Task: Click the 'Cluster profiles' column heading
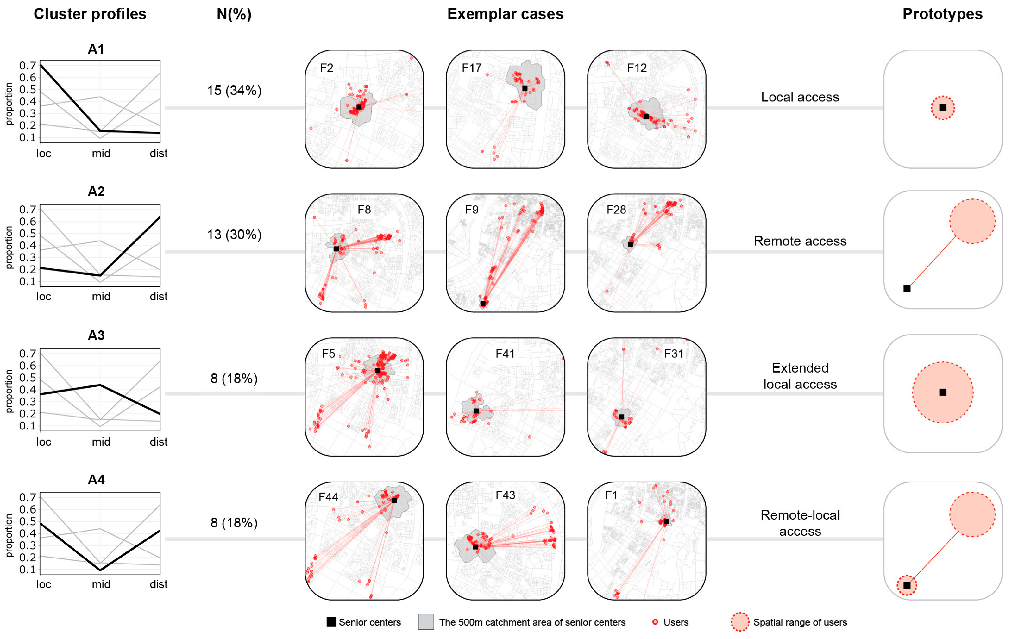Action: pos(90,14)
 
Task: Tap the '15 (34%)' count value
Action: pos(234,90)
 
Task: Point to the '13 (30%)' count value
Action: pos(234,235)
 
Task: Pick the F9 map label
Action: pos(471,210)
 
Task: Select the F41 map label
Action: pos(505,354)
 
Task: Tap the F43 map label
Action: pos(505,495)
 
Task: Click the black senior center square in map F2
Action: pos(359,107)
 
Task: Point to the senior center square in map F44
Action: pos(394,500)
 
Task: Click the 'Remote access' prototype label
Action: pos(800,241)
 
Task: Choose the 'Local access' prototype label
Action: pos(800,97)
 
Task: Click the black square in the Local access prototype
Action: pos(943,108)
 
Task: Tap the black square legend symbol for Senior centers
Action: pos(331,622)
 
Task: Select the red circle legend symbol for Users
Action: pos(655,622)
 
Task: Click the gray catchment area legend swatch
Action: pos(426,622)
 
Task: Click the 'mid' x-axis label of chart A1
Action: pos(101,153)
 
